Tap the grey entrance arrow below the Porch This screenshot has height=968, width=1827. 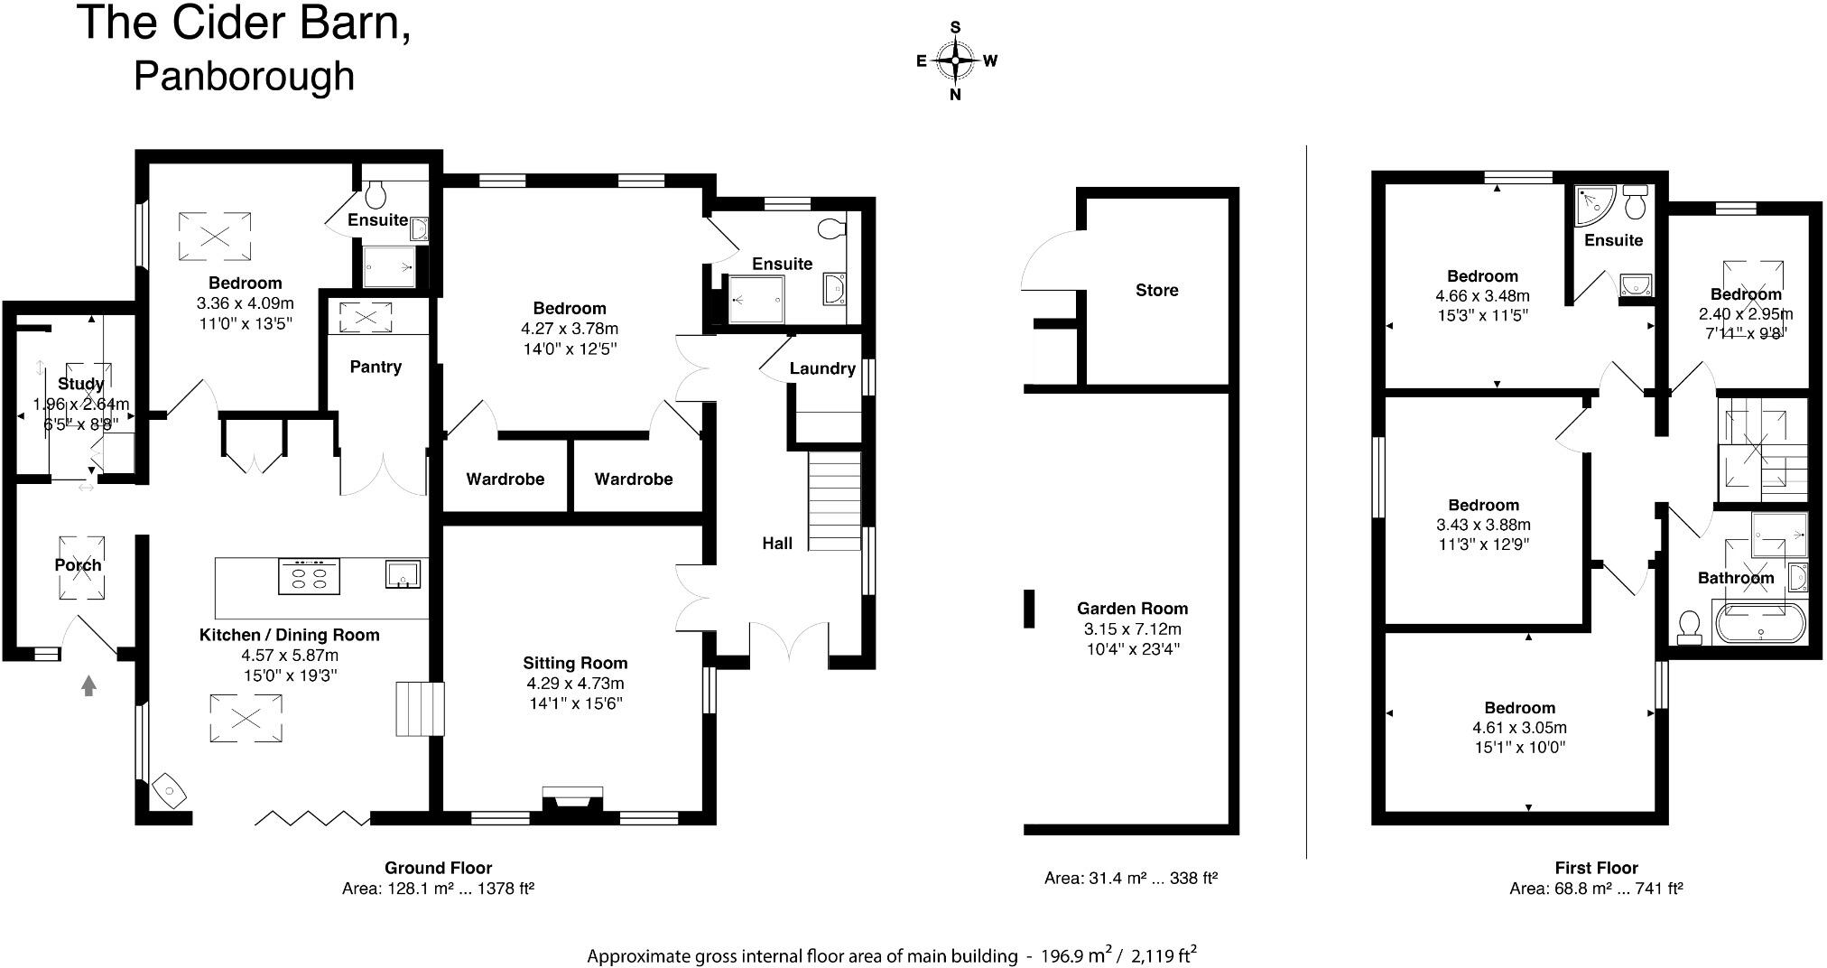88,686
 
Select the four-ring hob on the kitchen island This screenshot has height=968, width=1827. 310,576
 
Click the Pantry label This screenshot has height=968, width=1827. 376,367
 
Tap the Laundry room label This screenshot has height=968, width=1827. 821,368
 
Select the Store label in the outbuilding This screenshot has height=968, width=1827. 1156,290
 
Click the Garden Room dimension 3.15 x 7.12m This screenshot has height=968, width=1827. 1132,628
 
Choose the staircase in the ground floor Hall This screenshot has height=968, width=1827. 834,501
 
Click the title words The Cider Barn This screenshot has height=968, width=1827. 244,23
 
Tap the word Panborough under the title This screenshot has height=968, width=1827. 244,76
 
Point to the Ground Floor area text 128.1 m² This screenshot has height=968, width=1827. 438,889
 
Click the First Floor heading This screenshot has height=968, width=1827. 1596,868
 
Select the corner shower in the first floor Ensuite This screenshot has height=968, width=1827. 1593,205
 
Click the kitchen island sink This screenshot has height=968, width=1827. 403,573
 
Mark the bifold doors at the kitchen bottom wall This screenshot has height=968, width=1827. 311,818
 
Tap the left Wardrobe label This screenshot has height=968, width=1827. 505,479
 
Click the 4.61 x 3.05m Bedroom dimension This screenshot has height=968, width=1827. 1519,728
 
